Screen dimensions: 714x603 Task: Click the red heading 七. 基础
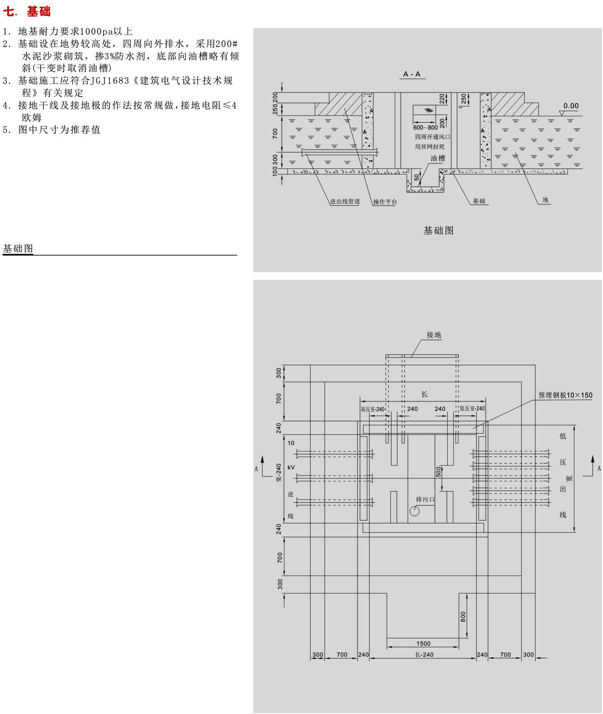tap(27, 11)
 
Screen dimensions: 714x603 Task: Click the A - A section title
tap(412, 74)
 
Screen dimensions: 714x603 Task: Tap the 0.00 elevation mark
tap(570, 106)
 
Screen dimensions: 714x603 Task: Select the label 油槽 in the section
tap(437, 158)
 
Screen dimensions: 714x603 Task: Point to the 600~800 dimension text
tap(425, 127)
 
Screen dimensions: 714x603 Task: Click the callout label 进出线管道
tap(345, 201)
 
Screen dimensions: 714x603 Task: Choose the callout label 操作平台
tap(385, 201)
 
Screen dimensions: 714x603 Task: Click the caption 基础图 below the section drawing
tap(438, 230)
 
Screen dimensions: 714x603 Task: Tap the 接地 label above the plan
tap(434, 335)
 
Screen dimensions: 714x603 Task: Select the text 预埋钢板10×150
tap(565, 395)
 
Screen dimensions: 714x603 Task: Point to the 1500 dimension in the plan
tap(423, 643)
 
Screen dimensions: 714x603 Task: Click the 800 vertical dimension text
tap(463, 617)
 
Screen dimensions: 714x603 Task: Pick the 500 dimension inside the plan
tap(438, 472)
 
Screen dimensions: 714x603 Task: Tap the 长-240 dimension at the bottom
tap(424, 655)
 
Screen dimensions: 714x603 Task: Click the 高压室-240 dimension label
tap(372, 409)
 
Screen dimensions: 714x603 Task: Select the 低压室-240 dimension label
tap(472, 409)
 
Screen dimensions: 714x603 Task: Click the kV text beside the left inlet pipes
tap(291, 467)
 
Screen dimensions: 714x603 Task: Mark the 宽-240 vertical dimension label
tap(279, 473)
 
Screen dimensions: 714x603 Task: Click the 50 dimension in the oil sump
tap(417, 177)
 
